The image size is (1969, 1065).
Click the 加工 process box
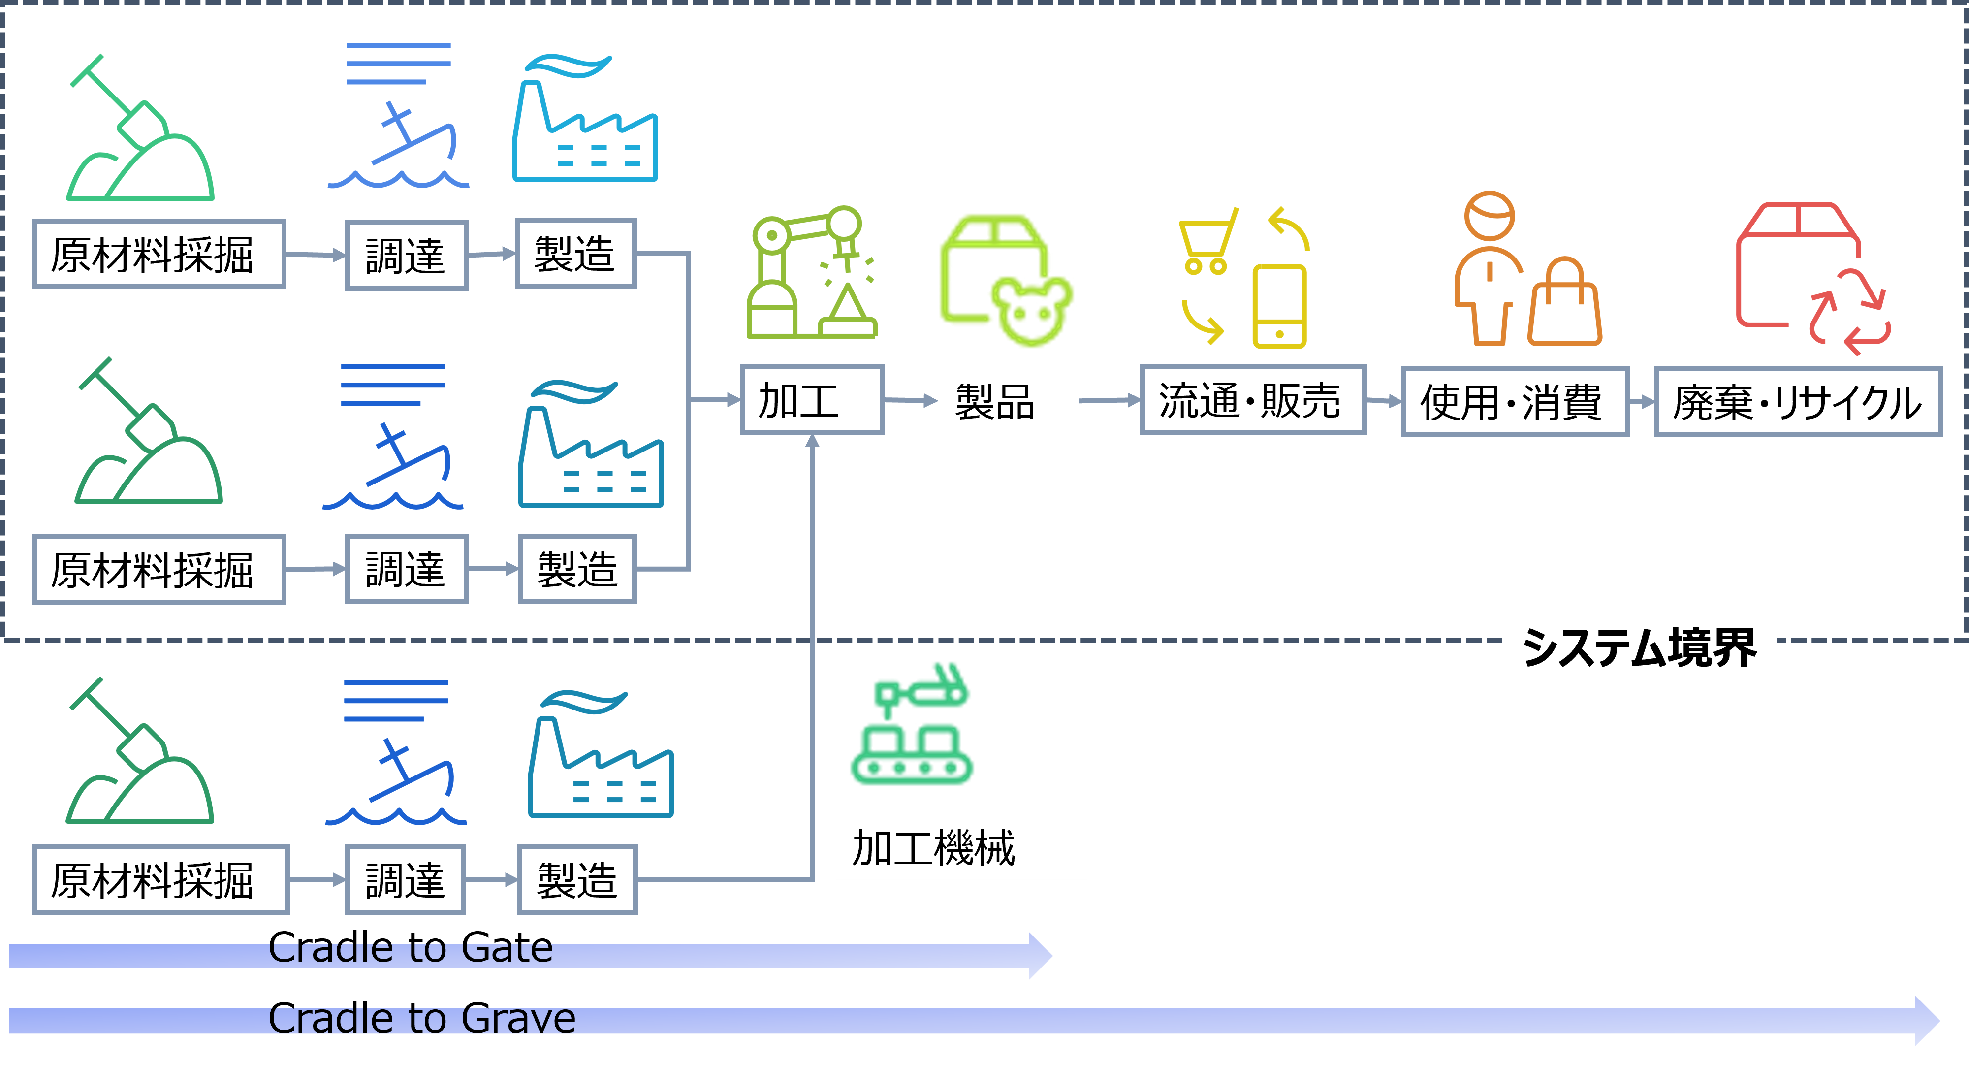point(812,400)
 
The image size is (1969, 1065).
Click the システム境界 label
point(1638,647)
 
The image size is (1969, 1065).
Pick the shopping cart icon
point(1207,241)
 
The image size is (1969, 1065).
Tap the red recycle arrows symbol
point(1850,314)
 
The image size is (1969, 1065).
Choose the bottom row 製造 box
point(577,880)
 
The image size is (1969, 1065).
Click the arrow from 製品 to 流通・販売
point(1109,400)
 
